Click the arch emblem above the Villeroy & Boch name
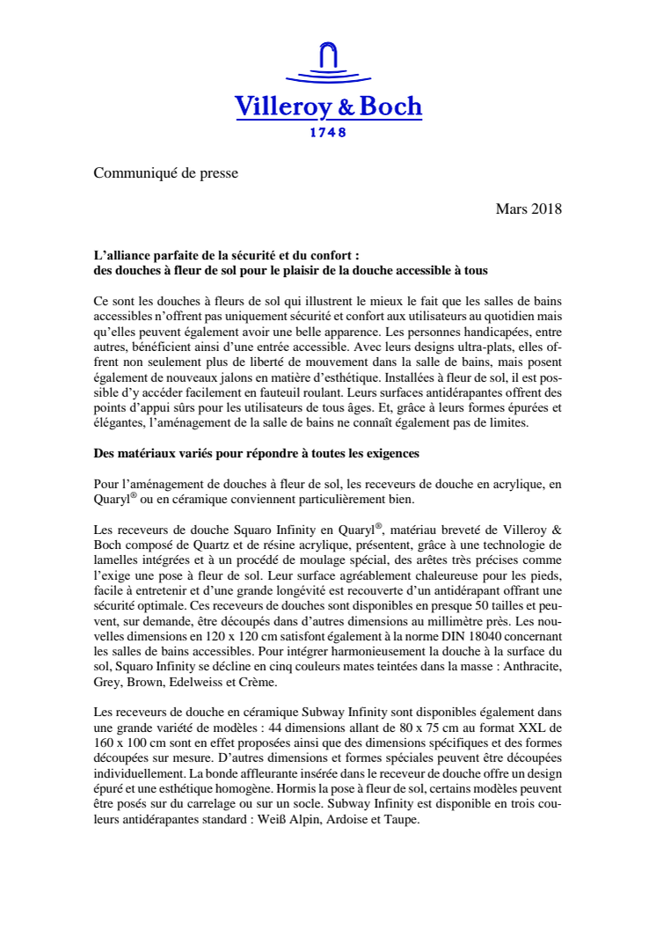[x=328, y=64]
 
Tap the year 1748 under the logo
[x=328, y=133]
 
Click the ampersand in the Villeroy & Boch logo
[x=346, y=107]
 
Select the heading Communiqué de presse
[x=166, y=173]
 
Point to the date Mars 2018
[x=528, y=209]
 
